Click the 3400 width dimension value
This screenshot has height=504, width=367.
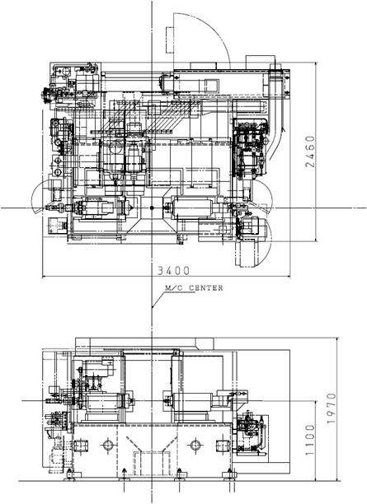tap(173, 271)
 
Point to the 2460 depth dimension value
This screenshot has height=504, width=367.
tap(310, 152)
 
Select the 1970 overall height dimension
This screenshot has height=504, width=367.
tap(332, 408)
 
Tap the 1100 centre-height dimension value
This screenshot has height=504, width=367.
tap(310, 440)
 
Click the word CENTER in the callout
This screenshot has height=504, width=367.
tap(205, 287)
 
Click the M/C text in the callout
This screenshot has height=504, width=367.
tap(173, 287)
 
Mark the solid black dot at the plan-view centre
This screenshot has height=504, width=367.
tap(152, 208)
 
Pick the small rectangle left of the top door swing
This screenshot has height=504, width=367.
tap(170, 40)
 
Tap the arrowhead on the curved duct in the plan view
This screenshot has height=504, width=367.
tap(283, 129)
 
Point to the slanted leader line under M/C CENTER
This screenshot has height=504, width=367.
tap(158, 301)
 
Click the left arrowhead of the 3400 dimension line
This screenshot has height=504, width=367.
tap(45, 276)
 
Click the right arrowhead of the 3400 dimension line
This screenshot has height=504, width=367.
tap(288, 276)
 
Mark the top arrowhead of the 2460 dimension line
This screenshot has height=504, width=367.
tap(316, 64)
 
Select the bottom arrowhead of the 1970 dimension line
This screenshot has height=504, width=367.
tap(336, 478)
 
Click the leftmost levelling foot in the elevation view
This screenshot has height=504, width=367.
tap(69, 476)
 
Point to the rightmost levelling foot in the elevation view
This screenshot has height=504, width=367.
tap(230, 476)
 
